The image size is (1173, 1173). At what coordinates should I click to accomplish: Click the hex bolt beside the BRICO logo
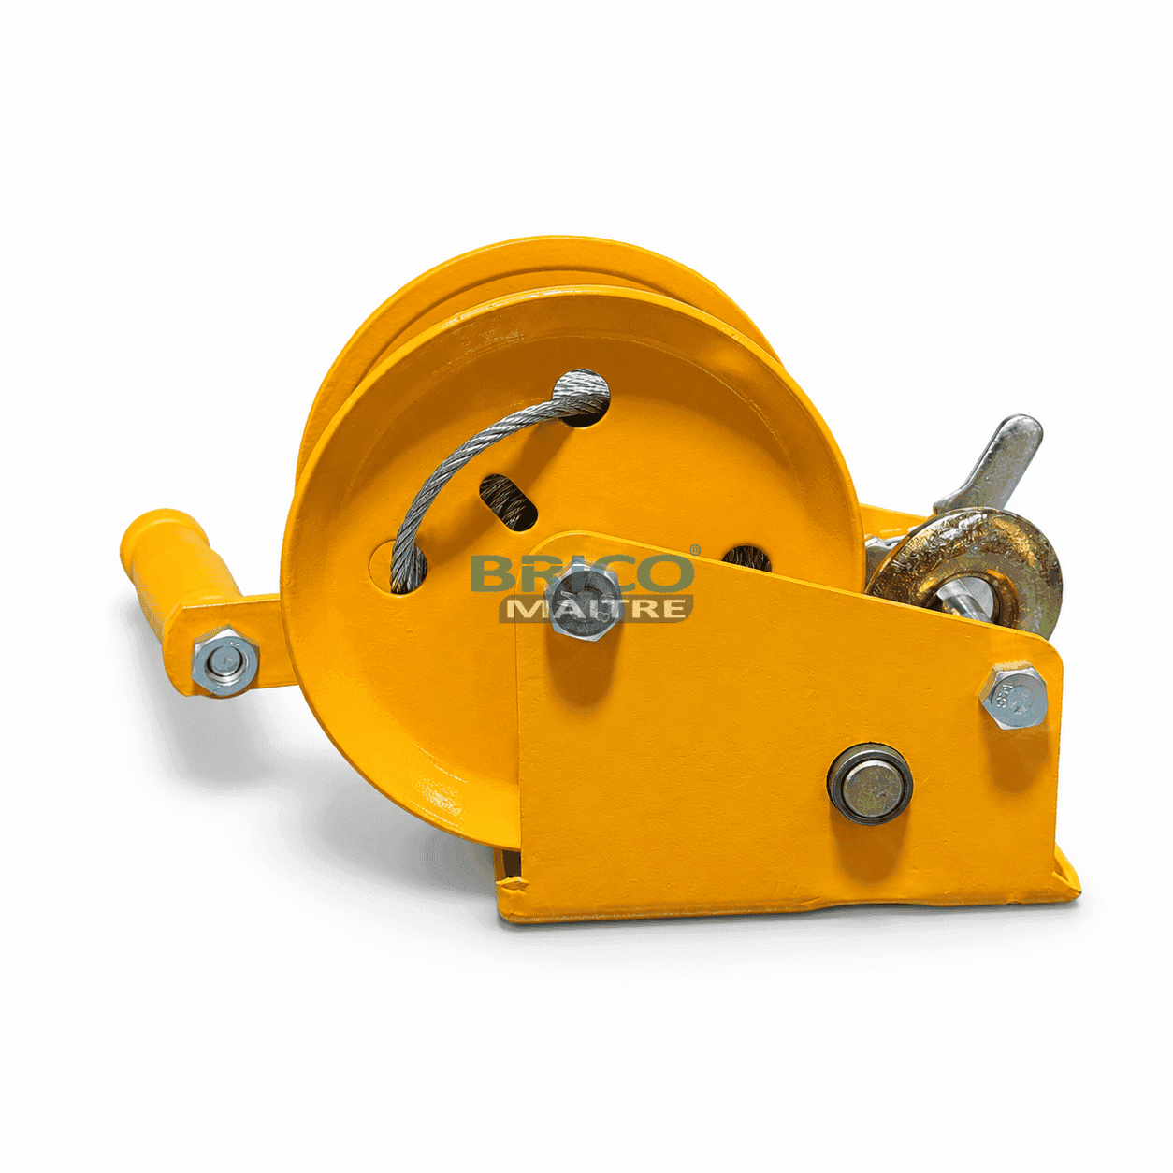point(583,601)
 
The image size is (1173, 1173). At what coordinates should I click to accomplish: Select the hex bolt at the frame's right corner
point(1014,697)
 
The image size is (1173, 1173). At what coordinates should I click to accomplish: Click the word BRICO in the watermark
point(582,572)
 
